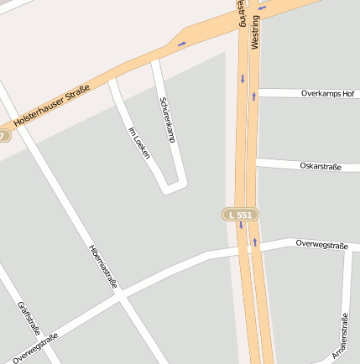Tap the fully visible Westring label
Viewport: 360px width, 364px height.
(x=255, y=29)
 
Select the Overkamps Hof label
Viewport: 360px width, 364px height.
(x=327, y=93)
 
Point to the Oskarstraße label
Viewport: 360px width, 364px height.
(x=320, y=166)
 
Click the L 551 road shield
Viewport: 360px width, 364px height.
(x=240, y=215)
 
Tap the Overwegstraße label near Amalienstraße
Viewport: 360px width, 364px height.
(x=321, y=244)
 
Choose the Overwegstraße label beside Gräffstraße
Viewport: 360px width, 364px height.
(x=35, y=348)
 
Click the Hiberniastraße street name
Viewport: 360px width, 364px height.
(x=102, y=267)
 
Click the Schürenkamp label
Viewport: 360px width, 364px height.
(x=166, y=119)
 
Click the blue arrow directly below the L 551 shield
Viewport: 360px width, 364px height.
(x=240, y=226)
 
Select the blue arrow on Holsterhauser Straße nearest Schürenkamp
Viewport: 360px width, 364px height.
(x=181, y=43)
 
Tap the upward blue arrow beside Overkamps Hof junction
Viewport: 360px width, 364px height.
(x=253, y=96)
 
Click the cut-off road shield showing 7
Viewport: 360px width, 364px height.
(x=4, y=135)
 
